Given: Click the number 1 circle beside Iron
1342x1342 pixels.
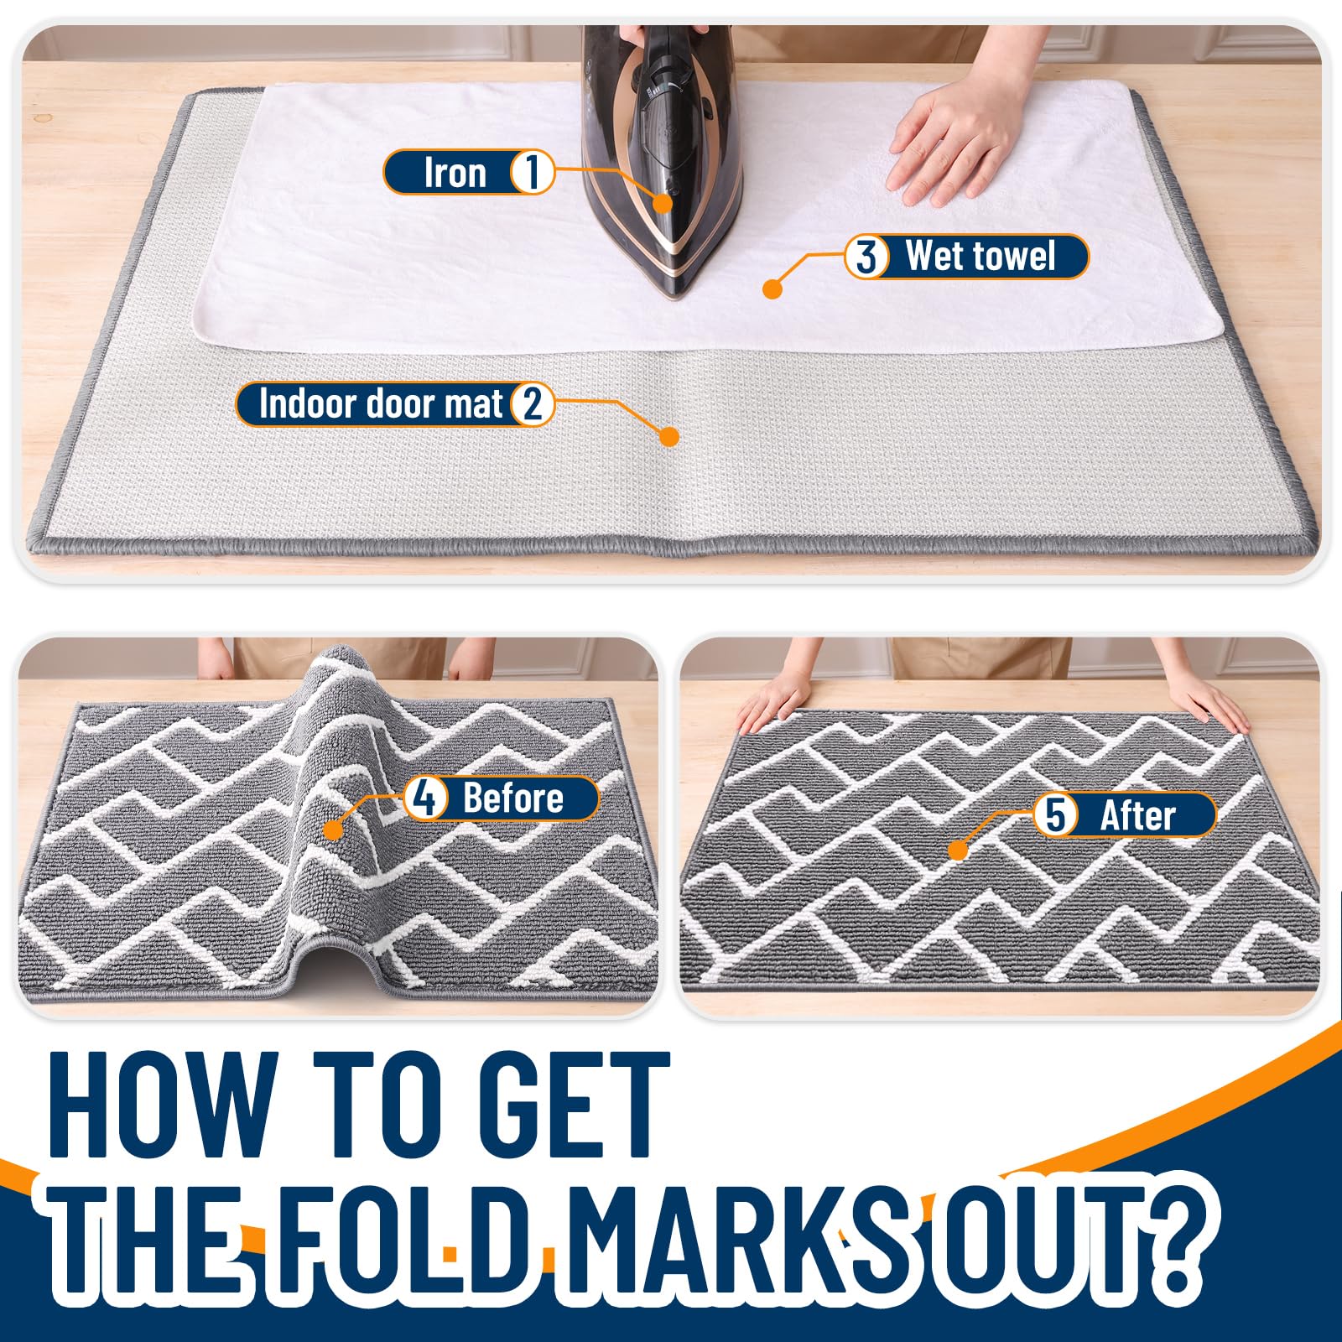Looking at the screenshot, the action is tap(532, 172).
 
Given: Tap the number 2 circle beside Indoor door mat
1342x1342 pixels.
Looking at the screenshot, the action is tap(532, 403).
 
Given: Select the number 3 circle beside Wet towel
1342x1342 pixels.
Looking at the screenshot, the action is tap(866, 256).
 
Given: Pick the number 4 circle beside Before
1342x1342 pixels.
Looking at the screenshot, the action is tap(425, 798).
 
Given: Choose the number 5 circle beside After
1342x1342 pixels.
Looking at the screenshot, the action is tap(1055, 814).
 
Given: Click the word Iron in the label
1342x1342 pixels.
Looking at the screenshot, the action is tap(455, 173).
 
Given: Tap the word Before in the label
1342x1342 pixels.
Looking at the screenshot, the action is tap(513, 798).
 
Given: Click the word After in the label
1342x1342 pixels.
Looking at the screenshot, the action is tap(1137, 815).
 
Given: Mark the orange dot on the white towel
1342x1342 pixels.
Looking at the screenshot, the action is tap(772, 289).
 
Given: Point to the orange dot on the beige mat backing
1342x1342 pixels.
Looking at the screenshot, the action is tap(668, 436).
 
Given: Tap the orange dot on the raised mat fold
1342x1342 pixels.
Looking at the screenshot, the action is tap(333, 830).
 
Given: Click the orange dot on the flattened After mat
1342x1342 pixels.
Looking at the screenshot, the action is tap(958, 850).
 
